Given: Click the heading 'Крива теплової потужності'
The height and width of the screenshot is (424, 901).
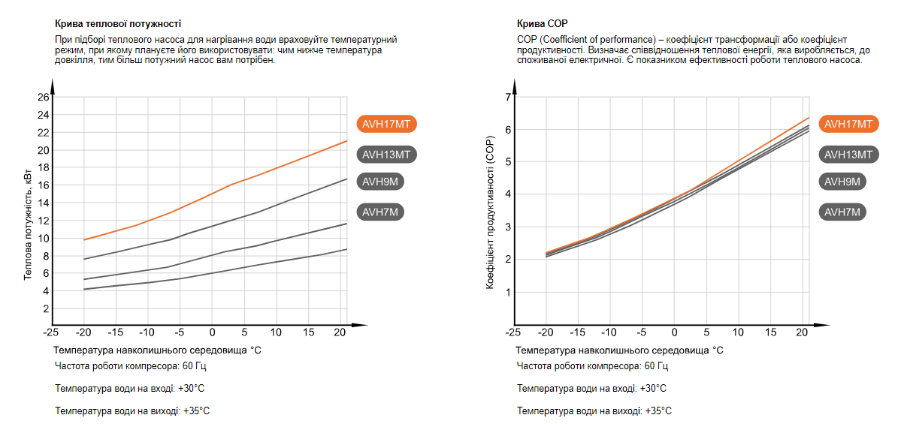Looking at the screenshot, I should coord(118,24).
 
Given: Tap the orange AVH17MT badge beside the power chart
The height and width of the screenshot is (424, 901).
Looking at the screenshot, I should coord(385,124).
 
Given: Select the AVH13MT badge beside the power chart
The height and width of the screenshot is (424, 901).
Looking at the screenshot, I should coord(385,155).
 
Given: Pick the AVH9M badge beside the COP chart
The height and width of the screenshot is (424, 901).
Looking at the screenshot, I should coord(842,181).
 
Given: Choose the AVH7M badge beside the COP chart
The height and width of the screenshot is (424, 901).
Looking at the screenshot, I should coord(842,212).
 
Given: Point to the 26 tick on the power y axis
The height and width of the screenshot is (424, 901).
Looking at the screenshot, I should coord(43,97).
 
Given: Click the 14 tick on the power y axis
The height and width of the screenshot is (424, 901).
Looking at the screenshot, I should coord(43,203).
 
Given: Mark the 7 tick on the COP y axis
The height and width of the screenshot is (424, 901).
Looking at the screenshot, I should coord(508,97).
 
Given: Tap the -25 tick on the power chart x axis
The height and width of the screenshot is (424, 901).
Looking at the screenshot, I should coord(51,332).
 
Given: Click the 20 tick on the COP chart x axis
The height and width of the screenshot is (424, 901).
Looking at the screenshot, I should coord(803,332).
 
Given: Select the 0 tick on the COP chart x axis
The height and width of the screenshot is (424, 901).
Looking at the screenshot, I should coord(674,332).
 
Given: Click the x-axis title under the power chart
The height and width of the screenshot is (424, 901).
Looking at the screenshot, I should coord(157,350).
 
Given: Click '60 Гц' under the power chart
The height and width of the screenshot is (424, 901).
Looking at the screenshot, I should coord(193,366).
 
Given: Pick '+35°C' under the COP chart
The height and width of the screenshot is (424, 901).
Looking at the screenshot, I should coord(658,410).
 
